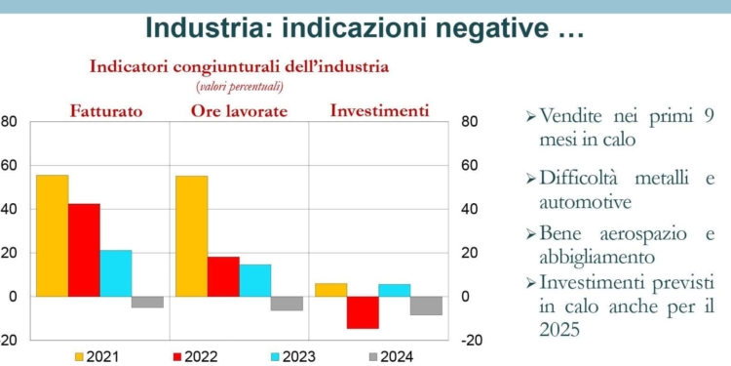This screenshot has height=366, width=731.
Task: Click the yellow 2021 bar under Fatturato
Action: point(52,235)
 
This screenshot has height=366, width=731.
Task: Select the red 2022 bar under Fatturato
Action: point(84,250)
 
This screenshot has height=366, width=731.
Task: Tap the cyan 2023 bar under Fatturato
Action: point(115,273)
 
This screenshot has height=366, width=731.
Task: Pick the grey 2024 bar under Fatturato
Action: point(147,302)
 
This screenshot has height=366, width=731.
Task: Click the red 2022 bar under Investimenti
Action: point(363,312)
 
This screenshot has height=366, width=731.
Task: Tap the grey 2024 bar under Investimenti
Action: point(426,305)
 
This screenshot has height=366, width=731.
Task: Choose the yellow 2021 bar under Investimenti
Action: point(330,290)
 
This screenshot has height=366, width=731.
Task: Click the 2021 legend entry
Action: point(96,356)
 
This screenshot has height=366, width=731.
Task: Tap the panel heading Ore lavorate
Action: point(239,111)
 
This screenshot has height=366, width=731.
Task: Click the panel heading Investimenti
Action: point(379,110)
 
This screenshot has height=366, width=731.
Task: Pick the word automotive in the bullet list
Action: point(584,202)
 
